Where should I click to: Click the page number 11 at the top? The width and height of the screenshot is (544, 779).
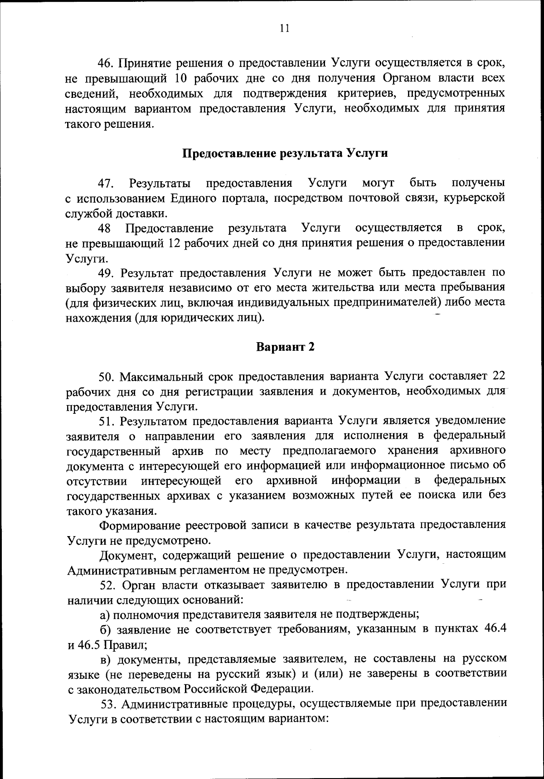tap(284, 28)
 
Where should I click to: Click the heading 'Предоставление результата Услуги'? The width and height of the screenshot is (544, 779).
tap(285, 153)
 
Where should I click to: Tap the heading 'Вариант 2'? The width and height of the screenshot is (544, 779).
tap(285, 347)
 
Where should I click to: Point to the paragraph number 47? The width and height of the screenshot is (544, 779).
tap(107, 184)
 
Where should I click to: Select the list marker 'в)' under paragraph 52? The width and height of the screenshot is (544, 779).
tap(105, 658)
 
